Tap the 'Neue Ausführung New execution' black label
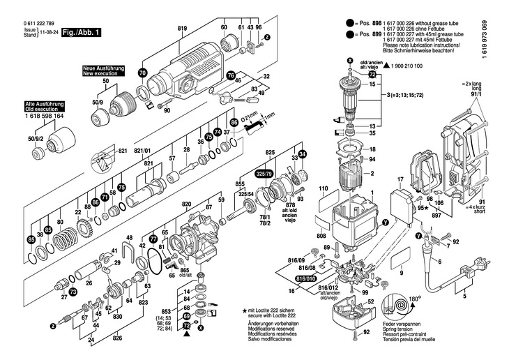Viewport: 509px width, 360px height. pos(103,70)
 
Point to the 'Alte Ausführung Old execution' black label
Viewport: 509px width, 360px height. pos(45,110)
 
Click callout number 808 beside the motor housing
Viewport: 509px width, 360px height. pos(321,237)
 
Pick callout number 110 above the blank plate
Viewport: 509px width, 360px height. pos(323,189)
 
